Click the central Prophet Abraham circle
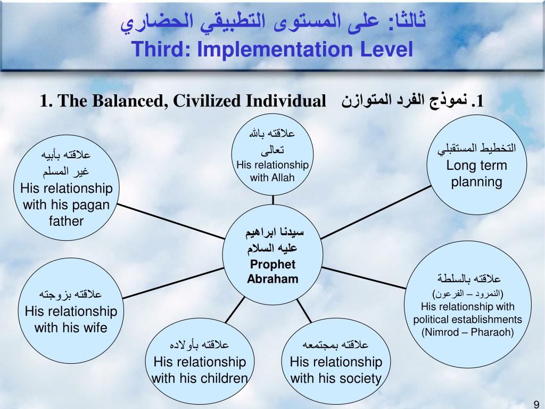272,256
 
